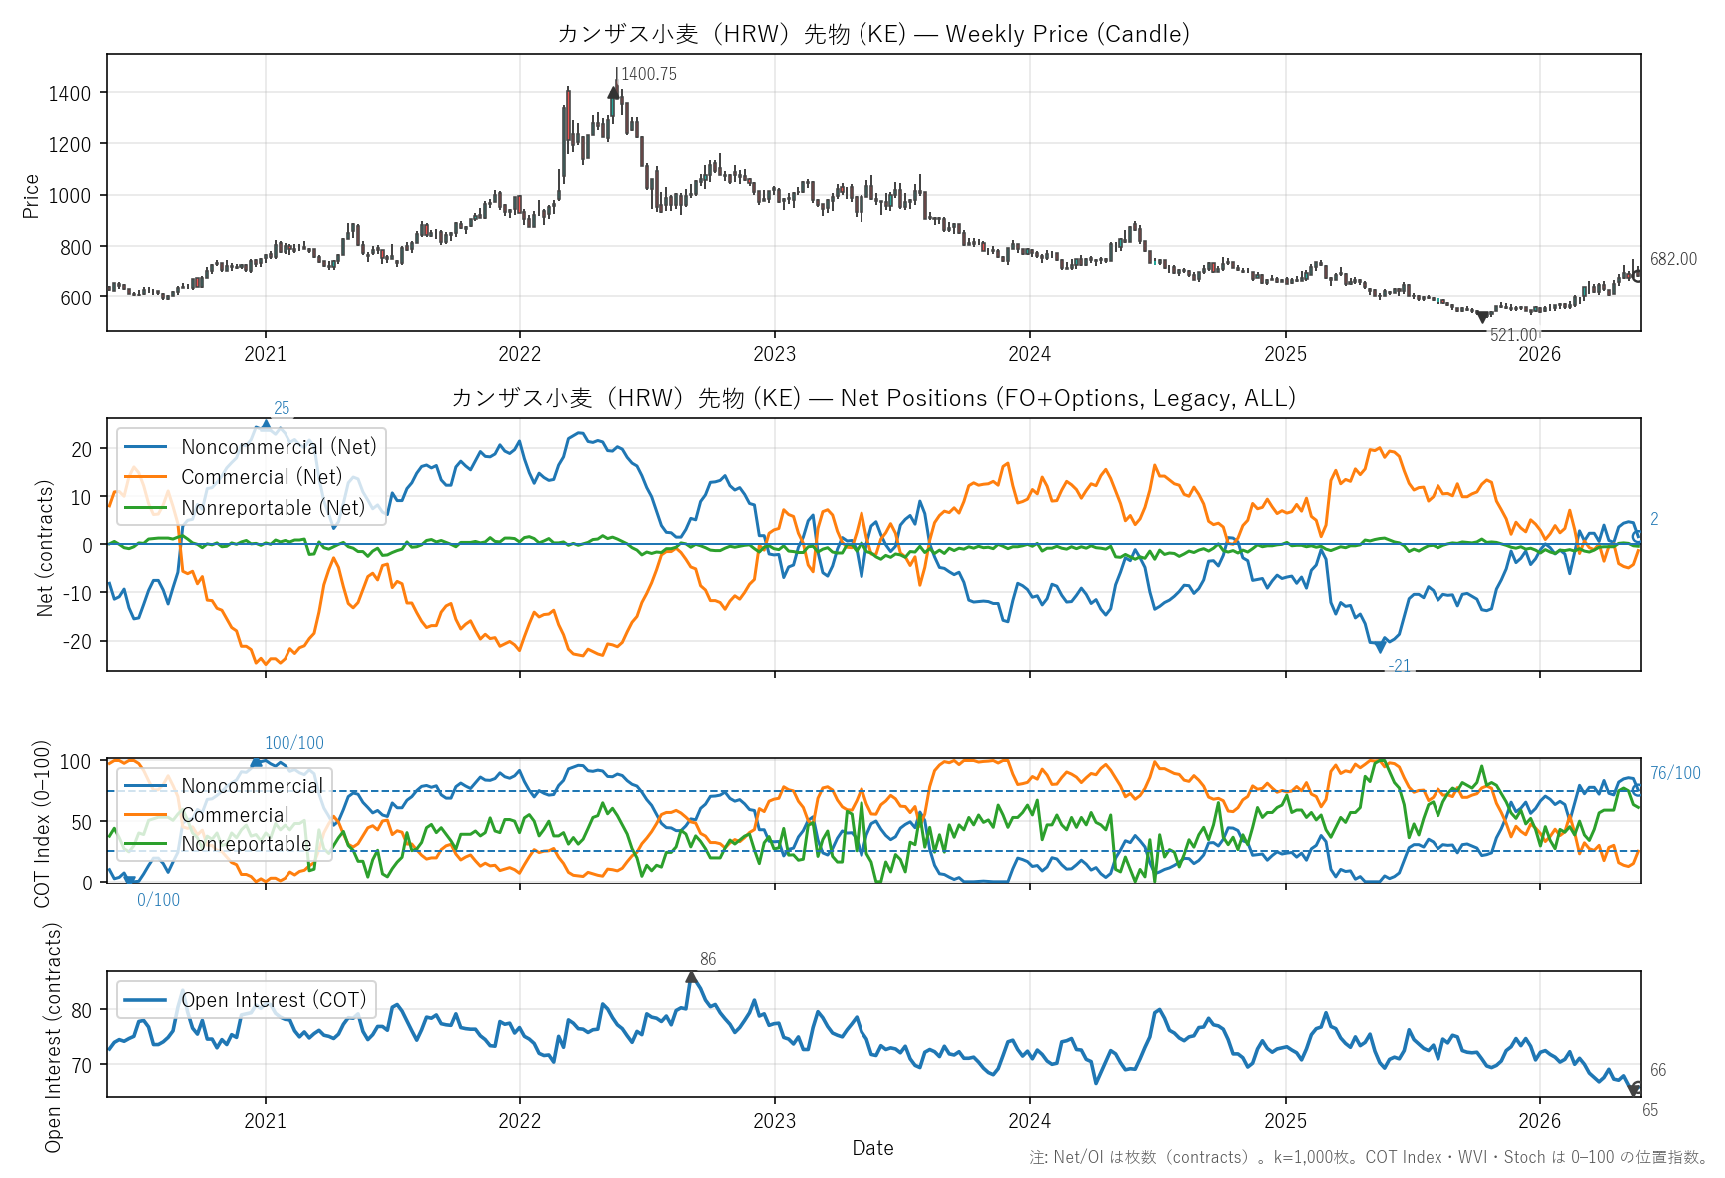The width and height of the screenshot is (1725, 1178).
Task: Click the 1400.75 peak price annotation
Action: coord(649,74)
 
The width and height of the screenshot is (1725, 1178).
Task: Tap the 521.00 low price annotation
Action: coord(1514,335)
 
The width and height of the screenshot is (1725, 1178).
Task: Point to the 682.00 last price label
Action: coord(1673,259)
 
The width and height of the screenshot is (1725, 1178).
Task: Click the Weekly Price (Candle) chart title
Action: coord(873,33)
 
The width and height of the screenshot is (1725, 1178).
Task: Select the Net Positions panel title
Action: coord(873,398)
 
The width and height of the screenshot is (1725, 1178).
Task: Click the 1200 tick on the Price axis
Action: coord(70,144)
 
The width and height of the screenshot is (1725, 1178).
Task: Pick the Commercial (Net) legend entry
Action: coord(262,477)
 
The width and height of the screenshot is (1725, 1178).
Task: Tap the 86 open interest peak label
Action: coord(708,959)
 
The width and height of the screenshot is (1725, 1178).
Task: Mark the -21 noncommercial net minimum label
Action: coord(1400,666)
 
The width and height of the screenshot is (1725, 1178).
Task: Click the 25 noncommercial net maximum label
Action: coord(282,408)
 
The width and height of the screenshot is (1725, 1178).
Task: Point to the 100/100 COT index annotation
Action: coord(294,743)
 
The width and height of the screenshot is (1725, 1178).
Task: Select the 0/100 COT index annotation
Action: coord(159,900)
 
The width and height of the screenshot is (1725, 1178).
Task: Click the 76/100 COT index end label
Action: coord(1675,773)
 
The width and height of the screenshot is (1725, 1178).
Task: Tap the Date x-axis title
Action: coord(873,1148)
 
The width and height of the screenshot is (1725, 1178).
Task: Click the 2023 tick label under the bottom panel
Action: coord(775,1121)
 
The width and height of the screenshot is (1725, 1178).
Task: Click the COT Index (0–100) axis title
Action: coord(42,824)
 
